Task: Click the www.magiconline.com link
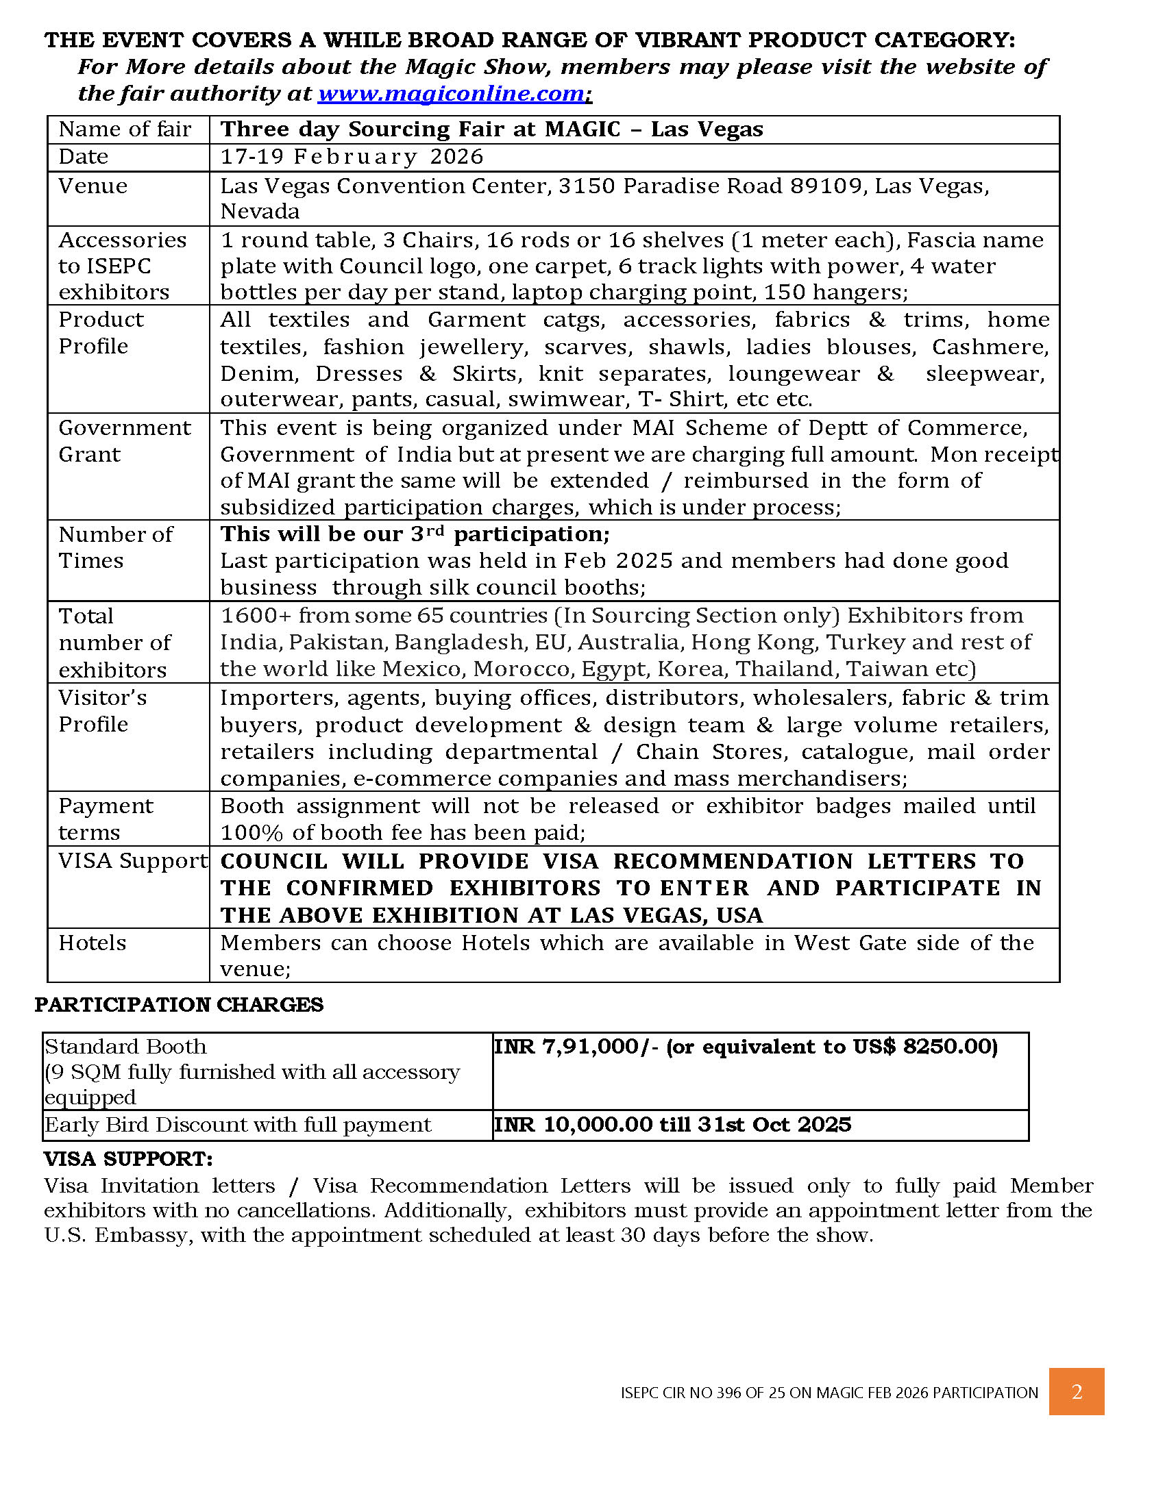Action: pos(451,93)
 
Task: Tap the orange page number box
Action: pos(1076,1392)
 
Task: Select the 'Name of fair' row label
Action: pos(124,129)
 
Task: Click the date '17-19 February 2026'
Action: pos(352,157)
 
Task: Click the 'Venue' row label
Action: pos(93,186)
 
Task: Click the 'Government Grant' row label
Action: pos(124,441)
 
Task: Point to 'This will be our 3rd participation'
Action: pos(414,534)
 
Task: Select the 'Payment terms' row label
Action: pos(105,819)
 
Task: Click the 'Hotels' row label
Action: pos(92,943)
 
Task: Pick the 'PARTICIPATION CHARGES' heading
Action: pos(179,1005)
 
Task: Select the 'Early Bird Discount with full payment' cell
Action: pos(237,1125)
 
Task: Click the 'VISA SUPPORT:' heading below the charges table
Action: pos(128,1159)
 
